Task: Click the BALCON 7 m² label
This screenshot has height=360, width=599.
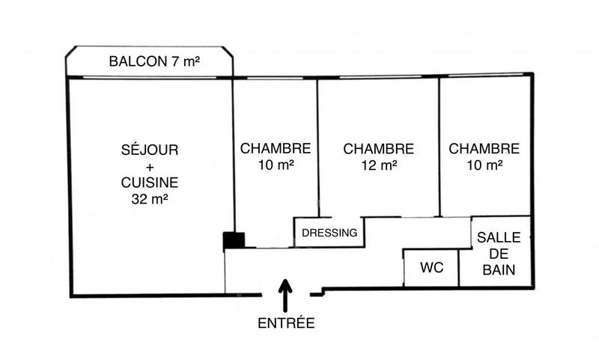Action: (155, 61)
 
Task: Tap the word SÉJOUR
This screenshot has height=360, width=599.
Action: (150, 150)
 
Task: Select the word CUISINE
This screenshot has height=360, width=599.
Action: (150, 182)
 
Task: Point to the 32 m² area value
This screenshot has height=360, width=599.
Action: (150, 198)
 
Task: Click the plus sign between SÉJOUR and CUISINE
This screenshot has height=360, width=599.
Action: (150, 166)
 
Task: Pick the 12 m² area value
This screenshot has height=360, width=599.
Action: (379, 165)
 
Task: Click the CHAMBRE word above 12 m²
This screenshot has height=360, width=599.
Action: (379, 149)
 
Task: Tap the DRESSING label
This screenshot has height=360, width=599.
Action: (329, 233)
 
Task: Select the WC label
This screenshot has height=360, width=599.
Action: (430, 267)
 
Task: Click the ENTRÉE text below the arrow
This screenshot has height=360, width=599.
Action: (286, 323)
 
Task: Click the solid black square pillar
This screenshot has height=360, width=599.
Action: (234, 240)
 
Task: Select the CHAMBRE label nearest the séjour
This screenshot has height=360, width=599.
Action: (276, 149)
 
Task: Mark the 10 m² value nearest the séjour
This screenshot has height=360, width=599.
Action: (276, 165)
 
